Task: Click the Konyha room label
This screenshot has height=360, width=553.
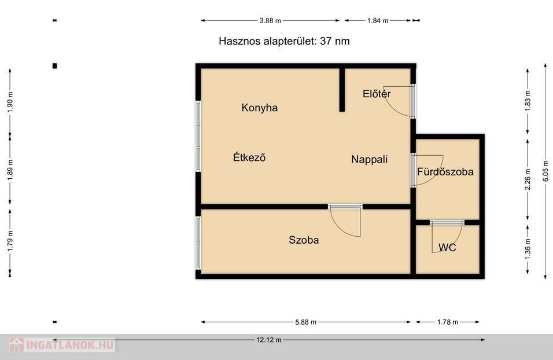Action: (260, 108)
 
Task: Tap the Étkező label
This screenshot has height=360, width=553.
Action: (249, 157)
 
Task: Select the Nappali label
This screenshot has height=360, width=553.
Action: (369, 160)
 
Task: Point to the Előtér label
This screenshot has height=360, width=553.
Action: (377, 94)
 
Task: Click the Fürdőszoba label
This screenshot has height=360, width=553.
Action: (445, 172)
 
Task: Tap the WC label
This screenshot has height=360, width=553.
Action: (447, 247)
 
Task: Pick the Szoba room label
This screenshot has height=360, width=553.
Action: (304, 240)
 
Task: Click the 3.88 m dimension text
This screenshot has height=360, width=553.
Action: (270, 20)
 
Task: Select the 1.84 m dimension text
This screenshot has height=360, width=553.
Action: (378, 20)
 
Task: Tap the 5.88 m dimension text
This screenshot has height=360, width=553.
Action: (306, 322)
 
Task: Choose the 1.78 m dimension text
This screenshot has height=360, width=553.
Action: (448, 322)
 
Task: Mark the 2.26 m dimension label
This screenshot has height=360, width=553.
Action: (528, 179)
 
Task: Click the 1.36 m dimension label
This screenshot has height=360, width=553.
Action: (528, 249)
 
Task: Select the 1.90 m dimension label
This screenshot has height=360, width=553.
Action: (10, 102)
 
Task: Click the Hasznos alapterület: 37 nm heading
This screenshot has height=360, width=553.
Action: (284, 41)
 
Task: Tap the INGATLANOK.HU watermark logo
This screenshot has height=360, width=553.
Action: (62, 345)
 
